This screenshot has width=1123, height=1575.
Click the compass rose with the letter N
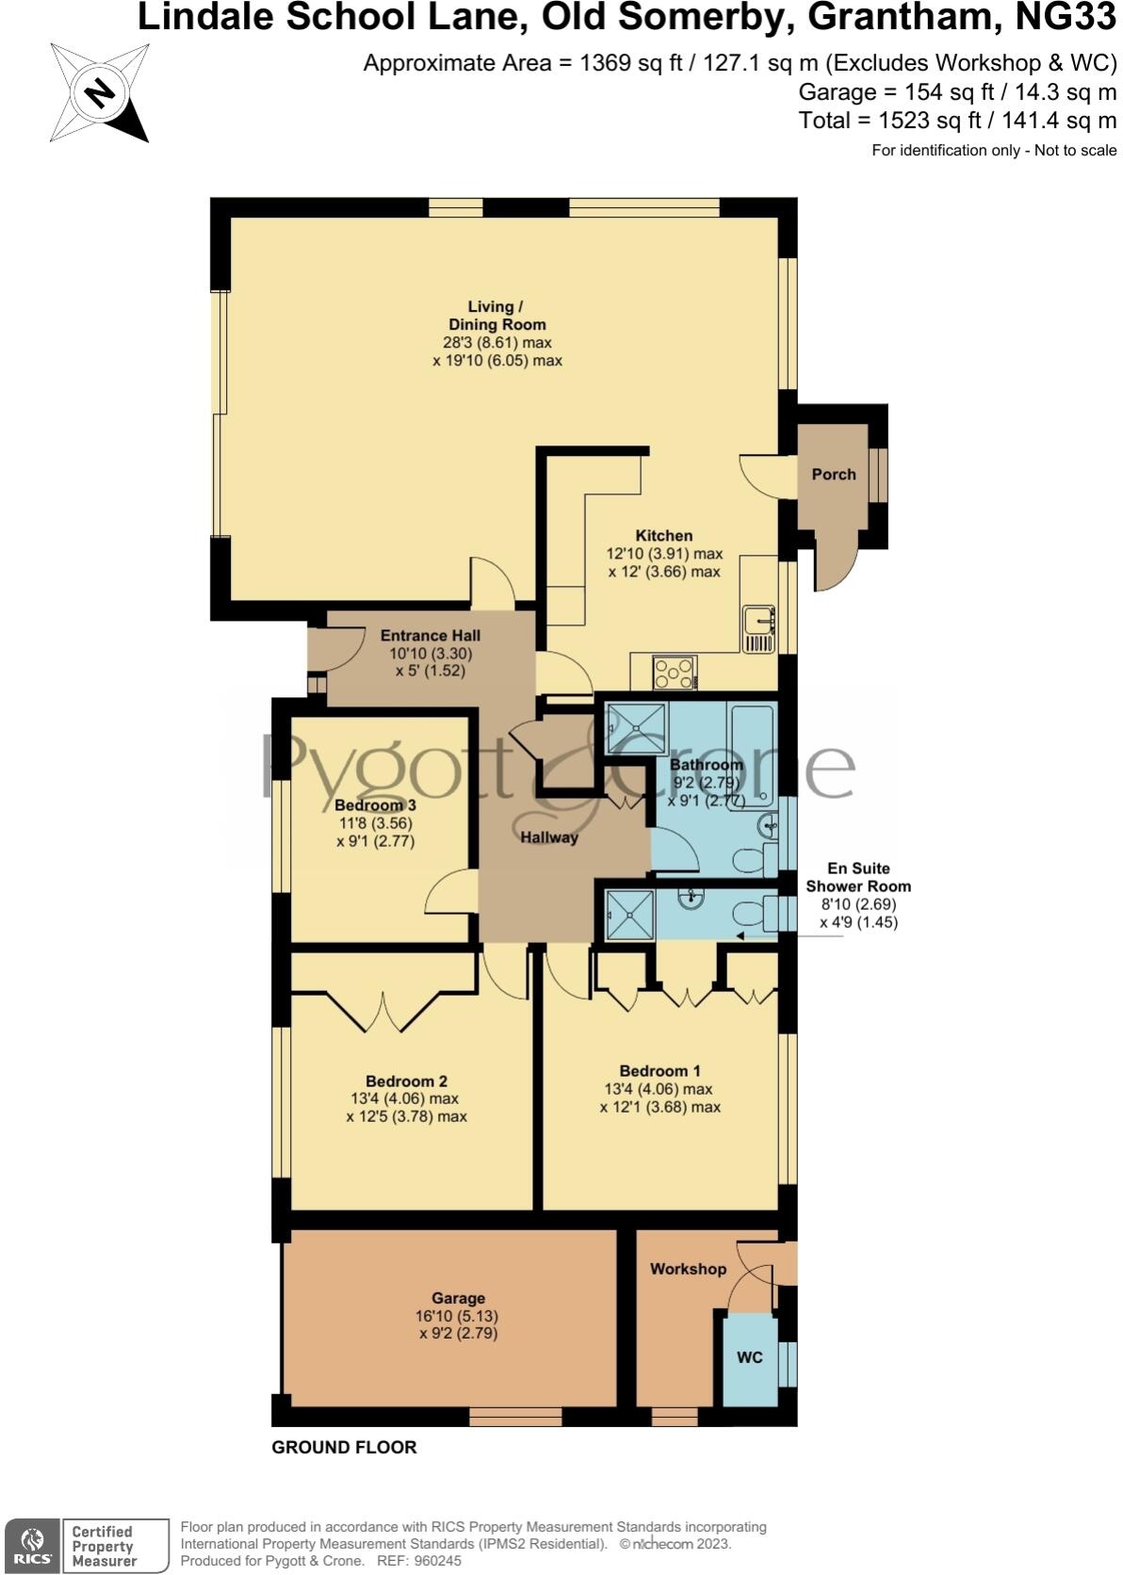pyautogui.click(x=99, y=92)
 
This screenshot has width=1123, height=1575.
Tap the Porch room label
pyautogui.click(x=833, y=474)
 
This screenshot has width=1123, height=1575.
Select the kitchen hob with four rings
pyautogui.click(x=675, y=674)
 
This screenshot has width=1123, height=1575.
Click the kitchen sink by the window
pyautogui.click(x=758, y=628)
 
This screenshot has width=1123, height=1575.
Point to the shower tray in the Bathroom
pyautogui.click(x=637, y=728)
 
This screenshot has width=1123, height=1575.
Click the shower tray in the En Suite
pyautogui.click(x=628, y=914)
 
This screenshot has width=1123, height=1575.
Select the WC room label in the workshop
pyautogui.click(x=750, y=1357)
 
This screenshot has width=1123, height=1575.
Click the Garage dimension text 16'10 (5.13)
pyautogui.click(x=458, y=1316)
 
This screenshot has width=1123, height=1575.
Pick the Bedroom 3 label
pyautogui.click(x=375, y=805)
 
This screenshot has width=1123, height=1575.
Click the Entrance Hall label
pyautogui.click(x=431, y=636)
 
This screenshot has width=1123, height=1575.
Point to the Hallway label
pyautogui.click(x=549, y=836)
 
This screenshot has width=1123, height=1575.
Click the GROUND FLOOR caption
pyautogui.click(x=344, y=1447)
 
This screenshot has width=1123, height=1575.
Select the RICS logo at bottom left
pyautogui.click(x=32, y=1545)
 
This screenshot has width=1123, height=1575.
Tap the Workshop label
pyautogui.click(x=688, y=1269)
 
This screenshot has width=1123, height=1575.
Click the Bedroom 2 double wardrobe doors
pyautogui.click(x=383, y=1010)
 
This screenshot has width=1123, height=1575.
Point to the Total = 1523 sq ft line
pyautogui.click(x=956, y=121)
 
